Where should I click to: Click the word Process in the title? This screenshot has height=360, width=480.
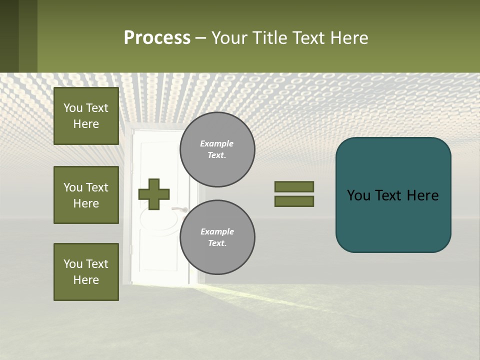pyautogui.click(x=157, y=38)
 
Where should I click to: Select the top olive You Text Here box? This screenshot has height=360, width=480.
pyautogui.click(x=86, y=116)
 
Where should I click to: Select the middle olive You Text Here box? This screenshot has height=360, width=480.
pyautogui.click(x=86, y=195)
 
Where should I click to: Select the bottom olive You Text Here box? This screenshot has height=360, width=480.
pyautogui.click(x=86, y=272)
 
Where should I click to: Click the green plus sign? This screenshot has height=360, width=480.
pyautogui.click(x=154, y=194)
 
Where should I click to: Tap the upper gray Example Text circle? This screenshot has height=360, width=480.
pyautogui.click(x=217, y=149)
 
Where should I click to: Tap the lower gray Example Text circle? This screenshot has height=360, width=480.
pyautogui.click(x=217, y=237)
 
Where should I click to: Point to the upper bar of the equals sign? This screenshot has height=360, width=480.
pyautogui.click(x=294, y=187)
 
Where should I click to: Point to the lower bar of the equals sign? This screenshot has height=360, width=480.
pyautogui.click(x=294, y=201)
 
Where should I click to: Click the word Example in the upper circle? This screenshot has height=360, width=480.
pyautogui.click(x=216, y=143)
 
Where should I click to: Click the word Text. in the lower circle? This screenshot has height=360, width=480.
pyautogui.click(x=217, y=243)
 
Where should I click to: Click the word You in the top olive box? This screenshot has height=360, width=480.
pyautogui.click(x=73, y=108)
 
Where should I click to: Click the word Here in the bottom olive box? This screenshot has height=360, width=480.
pyautogui.click(x=86, y=280)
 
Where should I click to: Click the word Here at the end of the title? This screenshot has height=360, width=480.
pyautogui.click(x=350, y=38)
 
